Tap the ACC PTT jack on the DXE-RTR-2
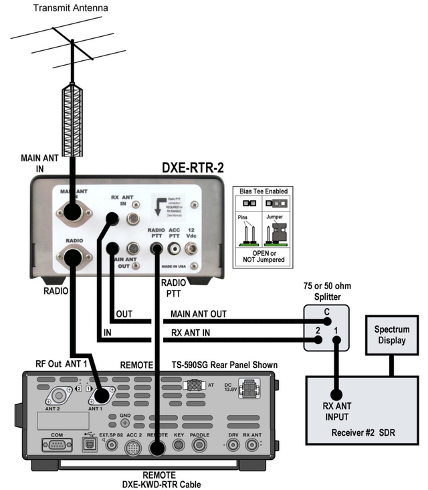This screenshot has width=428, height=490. click(x=176, y=248)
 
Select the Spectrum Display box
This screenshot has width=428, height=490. click(x=391, y=335)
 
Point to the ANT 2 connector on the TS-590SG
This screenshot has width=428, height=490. click(x=65, y=396)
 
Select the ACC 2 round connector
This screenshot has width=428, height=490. click(x=134, y=446)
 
